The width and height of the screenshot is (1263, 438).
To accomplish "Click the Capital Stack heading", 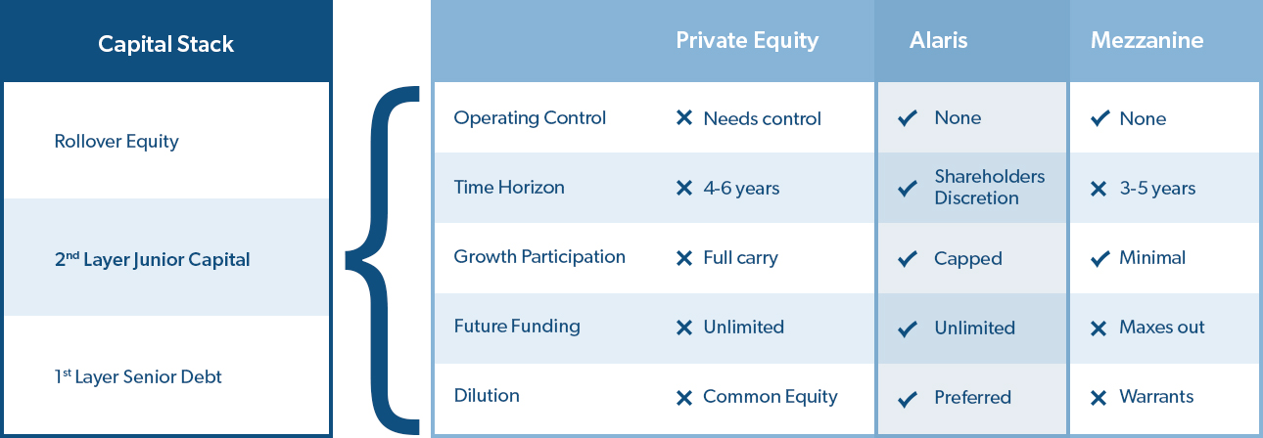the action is click(x=165, y=44).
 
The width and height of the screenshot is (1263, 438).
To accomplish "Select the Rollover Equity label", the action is click(x=117, y=142).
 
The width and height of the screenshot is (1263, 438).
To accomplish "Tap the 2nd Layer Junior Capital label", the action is click(x=152, y=259).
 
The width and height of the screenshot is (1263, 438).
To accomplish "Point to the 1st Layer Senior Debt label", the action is click(x=138, y=376).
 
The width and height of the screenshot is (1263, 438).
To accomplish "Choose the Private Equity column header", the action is click(x=747, y=40).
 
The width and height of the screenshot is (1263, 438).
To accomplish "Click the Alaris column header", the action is click(x=938, y=40).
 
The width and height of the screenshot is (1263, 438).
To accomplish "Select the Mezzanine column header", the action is click(x=1146, y=40).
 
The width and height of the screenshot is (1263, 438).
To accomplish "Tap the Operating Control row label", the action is click(x=530, y=117).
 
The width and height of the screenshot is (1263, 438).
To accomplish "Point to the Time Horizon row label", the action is click(x=509, y=187).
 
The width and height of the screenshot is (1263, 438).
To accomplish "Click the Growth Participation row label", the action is click(x=539, y=257).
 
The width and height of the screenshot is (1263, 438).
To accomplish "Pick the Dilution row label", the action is click(x=487, y=395).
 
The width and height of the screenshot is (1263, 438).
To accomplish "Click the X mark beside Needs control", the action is click(x=684, y=118).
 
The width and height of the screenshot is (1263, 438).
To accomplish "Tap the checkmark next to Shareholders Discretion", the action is click(x=908, y=188).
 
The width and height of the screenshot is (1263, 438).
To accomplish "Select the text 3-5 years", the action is click(x=1157, y=188).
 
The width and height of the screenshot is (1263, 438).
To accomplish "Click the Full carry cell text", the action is click(x=740, y=258).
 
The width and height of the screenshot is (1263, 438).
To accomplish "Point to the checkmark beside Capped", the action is click(x=908, y=258).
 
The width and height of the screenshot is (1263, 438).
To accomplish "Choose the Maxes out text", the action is click(x=1162, y=328).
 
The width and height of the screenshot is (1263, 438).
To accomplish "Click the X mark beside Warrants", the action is click(x=1099, y=398).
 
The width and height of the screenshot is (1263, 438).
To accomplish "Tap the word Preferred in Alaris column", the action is click(x=972, y=398).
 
